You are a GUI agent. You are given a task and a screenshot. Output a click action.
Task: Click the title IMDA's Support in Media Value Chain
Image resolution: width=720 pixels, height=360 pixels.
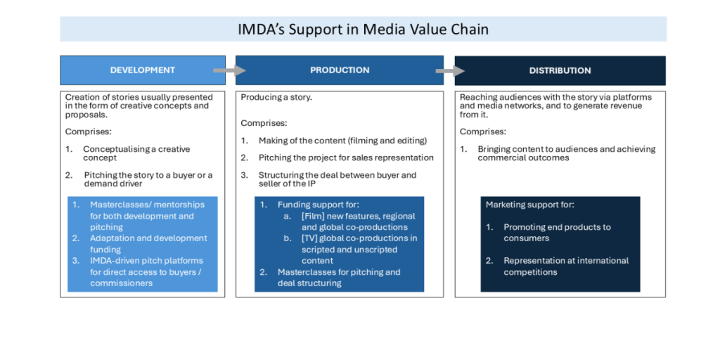363,30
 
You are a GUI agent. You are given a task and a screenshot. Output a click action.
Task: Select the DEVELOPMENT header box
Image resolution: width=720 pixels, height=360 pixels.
143,70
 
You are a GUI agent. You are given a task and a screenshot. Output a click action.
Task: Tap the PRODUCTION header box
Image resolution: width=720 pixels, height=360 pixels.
340,70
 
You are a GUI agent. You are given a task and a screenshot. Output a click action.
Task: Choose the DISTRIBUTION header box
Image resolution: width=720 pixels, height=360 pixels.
560,70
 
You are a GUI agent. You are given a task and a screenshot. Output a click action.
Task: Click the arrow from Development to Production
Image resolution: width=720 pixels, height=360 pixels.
229,70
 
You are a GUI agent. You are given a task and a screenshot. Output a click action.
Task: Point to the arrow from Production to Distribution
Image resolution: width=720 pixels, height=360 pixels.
450,70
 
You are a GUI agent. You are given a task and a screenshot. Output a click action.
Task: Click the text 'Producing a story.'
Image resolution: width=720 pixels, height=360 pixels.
276,97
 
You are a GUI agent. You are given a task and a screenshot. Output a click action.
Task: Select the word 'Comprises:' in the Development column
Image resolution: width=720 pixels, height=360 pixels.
89,131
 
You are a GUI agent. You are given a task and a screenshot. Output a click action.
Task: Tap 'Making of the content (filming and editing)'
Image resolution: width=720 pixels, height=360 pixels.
342,141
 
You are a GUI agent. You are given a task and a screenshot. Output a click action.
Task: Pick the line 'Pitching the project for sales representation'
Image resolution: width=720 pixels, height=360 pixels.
346,157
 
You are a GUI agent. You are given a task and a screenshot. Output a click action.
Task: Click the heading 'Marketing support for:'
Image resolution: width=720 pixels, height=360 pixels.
530,205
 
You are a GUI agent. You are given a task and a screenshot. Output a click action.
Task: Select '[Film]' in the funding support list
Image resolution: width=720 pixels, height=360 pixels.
313,216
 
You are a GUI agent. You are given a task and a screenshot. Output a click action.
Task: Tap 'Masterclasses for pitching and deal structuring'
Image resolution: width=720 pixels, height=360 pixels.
339,277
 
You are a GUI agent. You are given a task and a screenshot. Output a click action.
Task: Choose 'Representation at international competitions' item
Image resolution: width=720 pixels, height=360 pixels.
566,266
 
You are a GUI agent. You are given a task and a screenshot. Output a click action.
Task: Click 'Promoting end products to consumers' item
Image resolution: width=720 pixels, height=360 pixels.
557,232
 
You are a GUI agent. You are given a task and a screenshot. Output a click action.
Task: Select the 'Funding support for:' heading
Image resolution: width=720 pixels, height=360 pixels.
319,205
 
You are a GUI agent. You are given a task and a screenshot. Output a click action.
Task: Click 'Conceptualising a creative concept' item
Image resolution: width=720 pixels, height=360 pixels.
136,153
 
